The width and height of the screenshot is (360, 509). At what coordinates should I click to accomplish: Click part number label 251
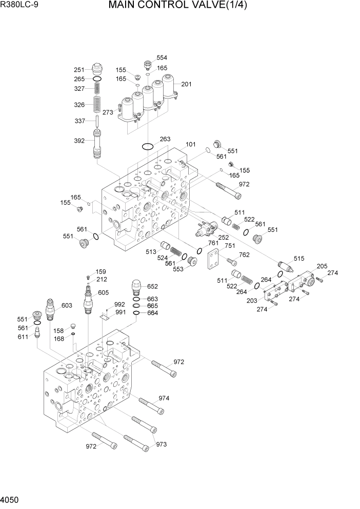[x=79, y=70]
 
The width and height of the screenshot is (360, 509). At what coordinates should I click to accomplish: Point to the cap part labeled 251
[x=97, y=68]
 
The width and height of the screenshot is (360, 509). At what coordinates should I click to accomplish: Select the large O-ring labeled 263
[x=148, y=147]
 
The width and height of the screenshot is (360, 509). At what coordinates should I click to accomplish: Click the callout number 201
[x=186, y=84]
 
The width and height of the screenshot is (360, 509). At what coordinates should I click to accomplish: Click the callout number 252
[x=223, y=238]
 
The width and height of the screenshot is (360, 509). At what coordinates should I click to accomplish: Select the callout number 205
[x=322, y=266]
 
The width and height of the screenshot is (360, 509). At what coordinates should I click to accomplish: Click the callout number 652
[x=153, y=287]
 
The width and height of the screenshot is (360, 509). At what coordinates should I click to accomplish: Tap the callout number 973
[x=163, y=444]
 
